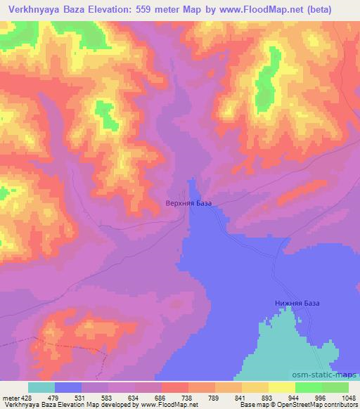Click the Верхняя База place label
[x=188, y=204]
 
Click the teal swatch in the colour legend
[x=41, y=387]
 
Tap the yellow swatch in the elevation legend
[x=282, y=387]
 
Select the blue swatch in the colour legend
[x=68, y=387]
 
